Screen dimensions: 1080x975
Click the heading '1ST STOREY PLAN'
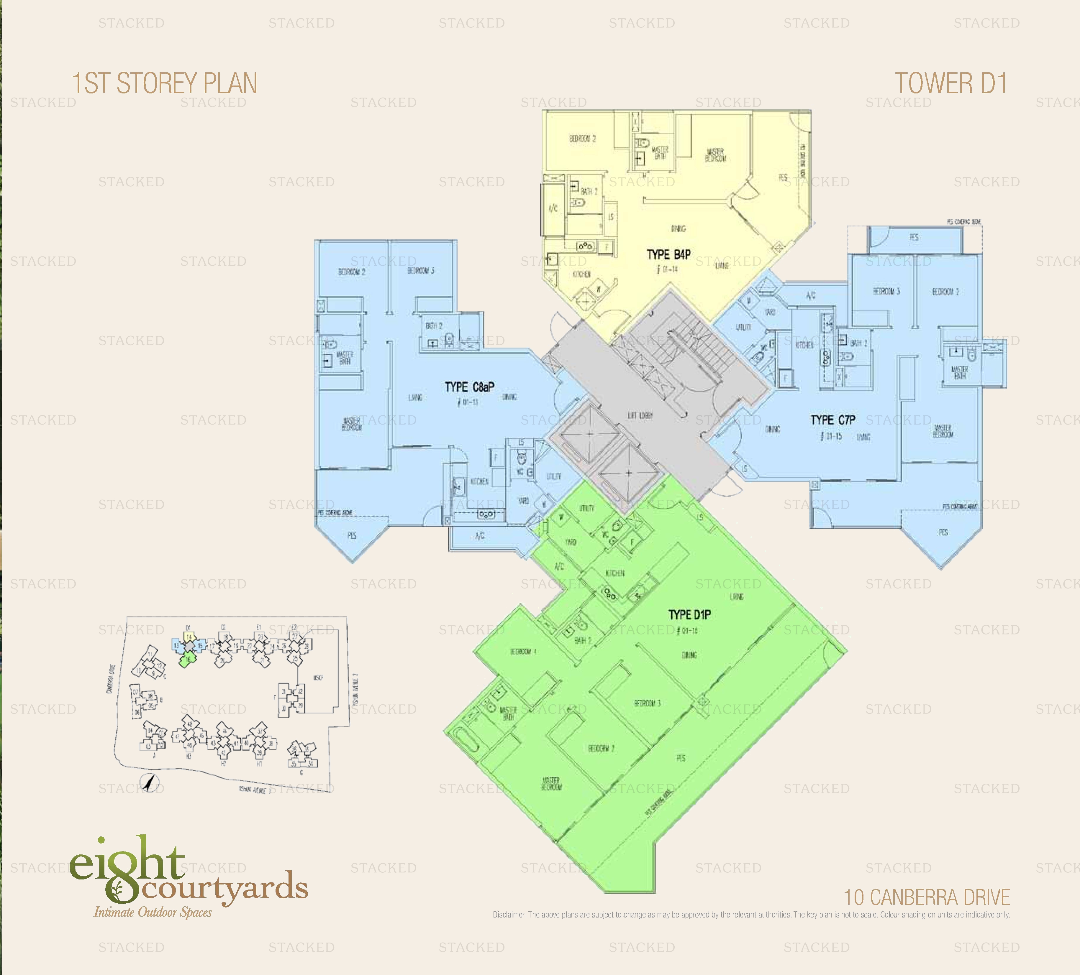pyautogui.click(x=165, y=83)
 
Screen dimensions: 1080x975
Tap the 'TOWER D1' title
pyautogui.click(x=950, y=83)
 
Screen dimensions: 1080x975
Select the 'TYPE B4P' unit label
pyautogui.click(x=668, y=254)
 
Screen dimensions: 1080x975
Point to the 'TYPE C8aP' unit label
pyautogui.click(x=469, y=387)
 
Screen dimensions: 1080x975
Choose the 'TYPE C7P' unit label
pyautogui.click(x=832, y=420)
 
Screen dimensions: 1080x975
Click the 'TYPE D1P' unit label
pyautogui.click(x=689, y=615)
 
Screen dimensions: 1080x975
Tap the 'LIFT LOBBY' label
pyautogui.click(x=640, y=415)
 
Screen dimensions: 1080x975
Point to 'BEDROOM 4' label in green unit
pyautogui.click(x=523, y=652)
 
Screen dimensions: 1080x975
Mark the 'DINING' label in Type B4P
pyautogui.click(x=678, y=228)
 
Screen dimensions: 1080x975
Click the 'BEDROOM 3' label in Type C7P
pyautogui.click(x=886, y=291)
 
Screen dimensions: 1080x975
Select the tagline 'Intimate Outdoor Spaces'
pyautogui.click(x=153, y=913)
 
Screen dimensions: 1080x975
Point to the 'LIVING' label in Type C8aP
pyautogui.click(x=415, y=397)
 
